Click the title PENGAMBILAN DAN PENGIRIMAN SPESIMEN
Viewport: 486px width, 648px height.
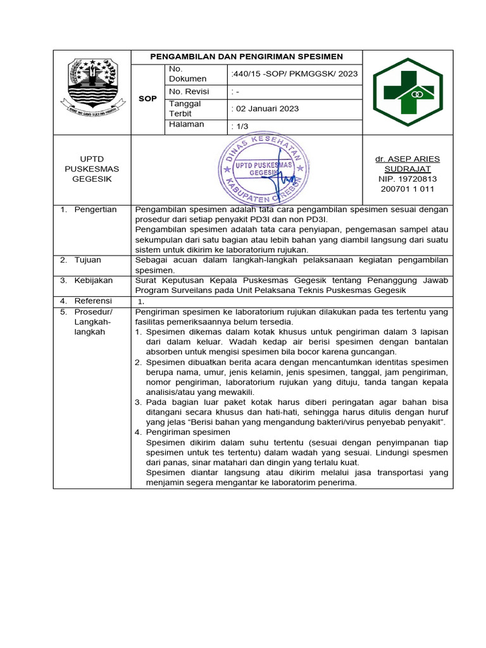246,57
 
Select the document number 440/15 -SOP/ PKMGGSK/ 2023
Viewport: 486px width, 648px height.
295,74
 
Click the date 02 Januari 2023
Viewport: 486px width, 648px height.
266,109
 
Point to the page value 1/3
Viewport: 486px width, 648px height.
240,127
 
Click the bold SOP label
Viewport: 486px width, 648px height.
147,99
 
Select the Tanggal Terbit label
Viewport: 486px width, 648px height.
184,108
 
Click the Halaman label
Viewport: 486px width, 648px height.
186,125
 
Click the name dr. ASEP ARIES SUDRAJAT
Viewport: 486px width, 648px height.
408,164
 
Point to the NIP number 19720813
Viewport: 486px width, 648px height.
408,179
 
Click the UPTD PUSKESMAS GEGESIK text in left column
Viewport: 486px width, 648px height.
91,169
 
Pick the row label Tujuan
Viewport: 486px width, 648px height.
89,260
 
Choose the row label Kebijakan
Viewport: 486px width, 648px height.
94,280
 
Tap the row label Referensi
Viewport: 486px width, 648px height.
93,301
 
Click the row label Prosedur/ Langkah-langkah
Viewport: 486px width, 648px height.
93,322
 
